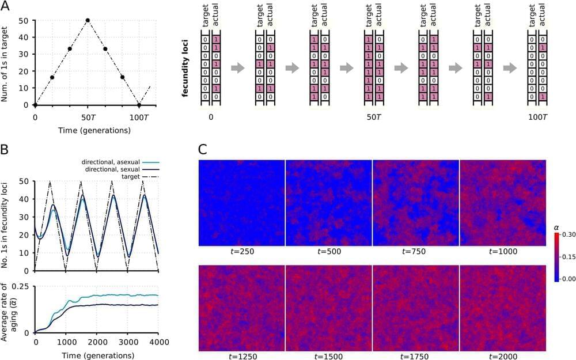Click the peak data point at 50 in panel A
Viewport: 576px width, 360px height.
(88, 20)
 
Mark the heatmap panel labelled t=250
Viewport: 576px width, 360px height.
(242, 203)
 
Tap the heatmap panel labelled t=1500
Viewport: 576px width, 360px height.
(329, 308)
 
